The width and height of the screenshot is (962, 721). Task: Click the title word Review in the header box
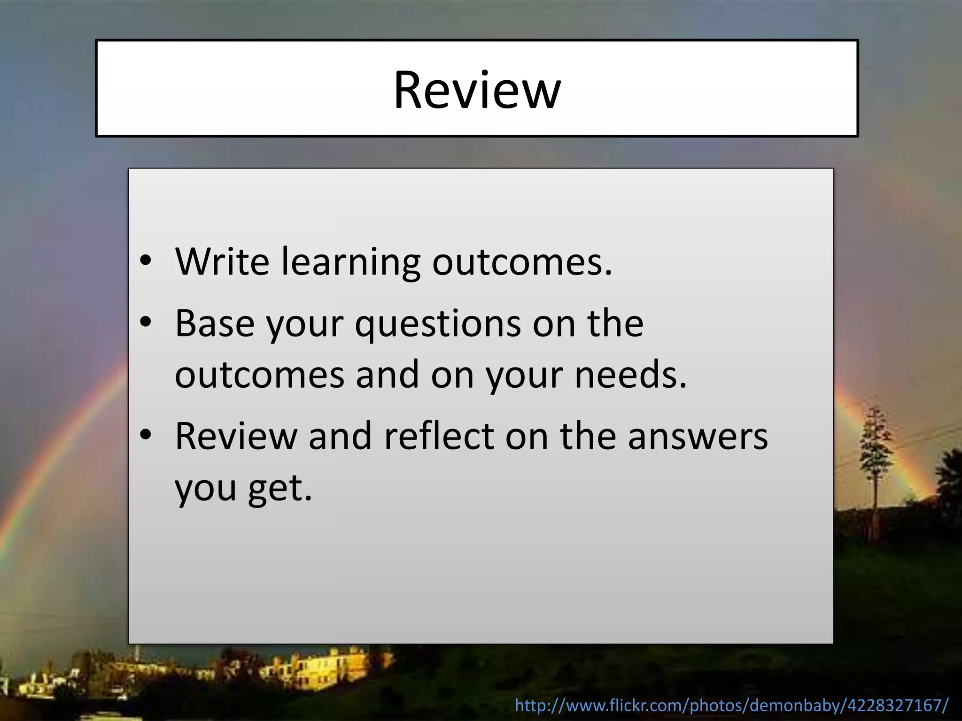(477, 90)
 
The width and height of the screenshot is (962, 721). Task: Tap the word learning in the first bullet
(350, 262)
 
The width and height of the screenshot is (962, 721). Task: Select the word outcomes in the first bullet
(521, 262)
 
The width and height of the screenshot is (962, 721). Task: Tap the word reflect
(439, 436)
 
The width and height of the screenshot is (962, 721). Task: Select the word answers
(698, 437)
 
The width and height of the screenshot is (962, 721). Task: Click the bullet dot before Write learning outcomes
(146, 261)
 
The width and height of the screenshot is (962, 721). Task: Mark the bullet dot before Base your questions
(146, 322)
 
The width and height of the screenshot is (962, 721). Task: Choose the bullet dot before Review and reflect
(146, 435)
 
